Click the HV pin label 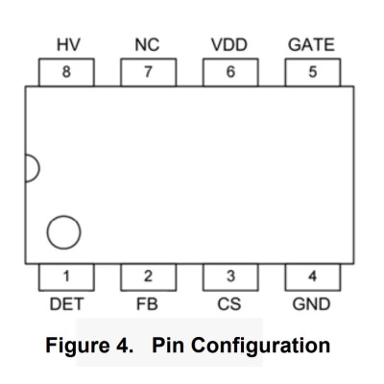[68, 45]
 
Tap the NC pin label [147, 45]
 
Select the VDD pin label [229, 45]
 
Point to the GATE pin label [311, 45]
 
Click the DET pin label [66, 304]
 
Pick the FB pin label [147, 304]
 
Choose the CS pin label [229, 304]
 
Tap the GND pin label [311, 304]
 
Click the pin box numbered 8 [66, 72]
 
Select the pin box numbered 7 [148, 72]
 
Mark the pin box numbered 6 [230, 72]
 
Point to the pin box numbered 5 [313, 72]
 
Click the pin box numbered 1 [66, 277]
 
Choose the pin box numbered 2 [148, 277]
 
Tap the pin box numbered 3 [230, 277]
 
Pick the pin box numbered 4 [313, 277]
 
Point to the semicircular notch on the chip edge [39, 168]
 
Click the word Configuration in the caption [262, 347]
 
